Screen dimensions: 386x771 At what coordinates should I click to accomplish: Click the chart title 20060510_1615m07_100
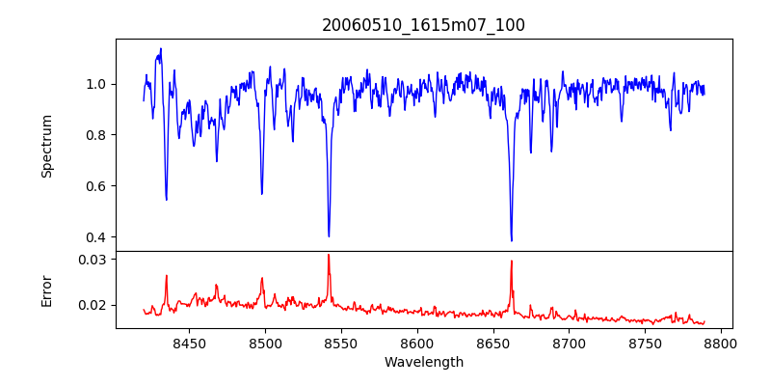coord(423,25)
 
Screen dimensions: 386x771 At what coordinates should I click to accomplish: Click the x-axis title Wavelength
coord(423,363)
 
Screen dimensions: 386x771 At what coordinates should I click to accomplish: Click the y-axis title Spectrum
coord(46,146)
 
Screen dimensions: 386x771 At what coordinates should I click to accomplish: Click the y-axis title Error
coord(46,289)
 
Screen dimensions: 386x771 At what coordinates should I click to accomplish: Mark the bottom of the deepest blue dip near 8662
coord(512,240)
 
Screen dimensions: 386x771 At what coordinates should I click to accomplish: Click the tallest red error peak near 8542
coord(329,255)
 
